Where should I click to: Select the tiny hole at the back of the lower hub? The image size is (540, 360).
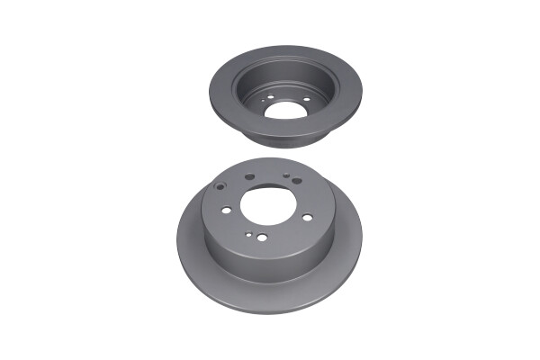pyautogui.click(x=286, y=176)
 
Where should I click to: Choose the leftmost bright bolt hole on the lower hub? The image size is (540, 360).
pyautogui.click(x=226, y=210)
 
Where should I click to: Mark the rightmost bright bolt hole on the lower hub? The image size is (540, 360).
pyautogui.click(x=308, y=217)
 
